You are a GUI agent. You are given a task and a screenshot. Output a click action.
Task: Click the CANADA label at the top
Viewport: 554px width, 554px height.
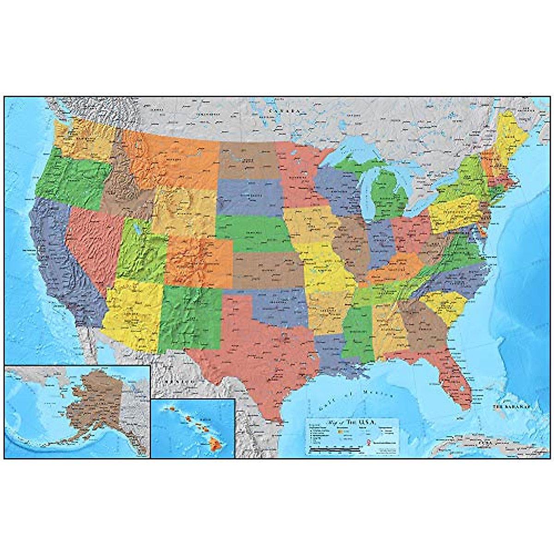285,112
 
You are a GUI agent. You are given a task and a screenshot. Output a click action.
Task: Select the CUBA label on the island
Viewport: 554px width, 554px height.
483,442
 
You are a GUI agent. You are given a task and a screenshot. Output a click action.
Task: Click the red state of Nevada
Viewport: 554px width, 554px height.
92,245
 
